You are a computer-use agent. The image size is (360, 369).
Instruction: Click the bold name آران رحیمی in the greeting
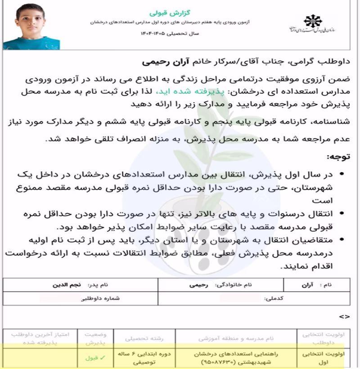[x=166, y=60]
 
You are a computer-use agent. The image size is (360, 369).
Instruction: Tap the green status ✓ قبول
[x=95, y=358]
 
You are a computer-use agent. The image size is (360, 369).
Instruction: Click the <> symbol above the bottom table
[x=344, y=317]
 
